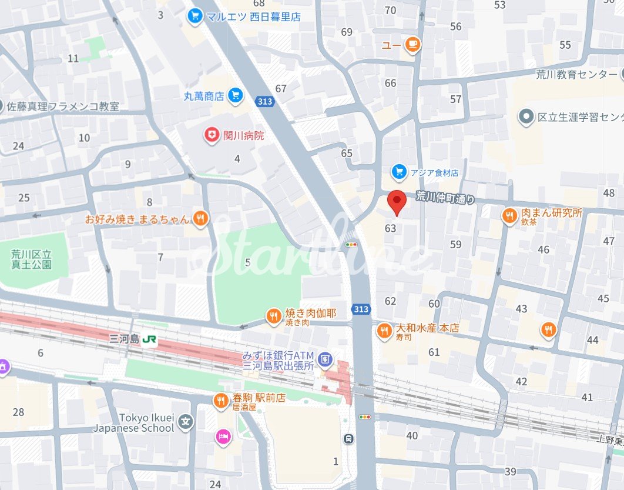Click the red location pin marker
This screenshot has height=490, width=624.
pos(398,203)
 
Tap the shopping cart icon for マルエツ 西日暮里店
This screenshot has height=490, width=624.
pos(194,16)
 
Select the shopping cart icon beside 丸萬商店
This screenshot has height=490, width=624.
pos(236,95)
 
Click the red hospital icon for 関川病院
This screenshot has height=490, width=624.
pos(211,136)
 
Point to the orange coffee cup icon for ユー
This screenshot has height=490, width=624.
pos(413,45)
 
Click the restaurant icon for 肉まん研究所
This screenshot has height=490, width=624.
pos(509,216)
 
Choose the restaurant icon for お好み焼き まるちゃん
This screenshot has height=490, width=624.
pos(200,219)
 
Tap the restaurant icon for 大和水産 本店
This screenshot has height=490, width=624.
pos(384,331)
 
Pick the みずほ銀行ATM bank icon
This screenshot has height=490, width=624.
pos(324,358)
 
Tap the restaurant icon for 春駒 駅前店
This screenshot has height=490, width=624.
pos(221,401)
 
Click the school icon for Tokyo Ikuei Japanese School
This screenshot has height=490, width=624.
pos(186,422)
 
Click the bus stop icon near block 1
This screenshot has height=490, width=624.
pos(349,439)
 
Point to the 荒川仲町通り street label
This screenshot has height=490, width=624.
pos(445,198)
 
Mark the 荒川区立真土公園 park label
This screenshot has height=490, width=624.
pos(31,259)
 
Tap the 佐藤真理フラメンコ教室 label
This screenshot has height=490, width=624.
pos(63,106)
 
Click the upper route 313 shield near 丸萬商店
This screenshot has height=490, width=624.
pos(265,102)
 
